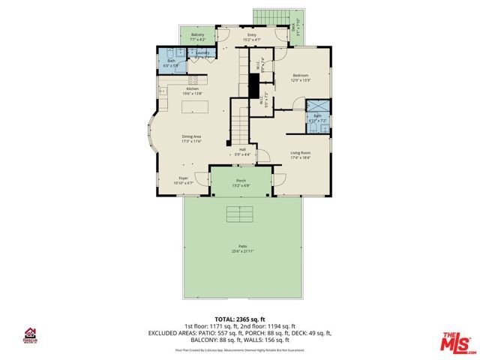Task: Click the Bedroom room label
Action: pyautogui.click(x=301, y=76)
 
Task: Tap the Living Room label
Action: pyautogui.click(x=301, y=152)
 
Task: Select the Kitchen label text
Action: pyautogui.click(x=193, y=89)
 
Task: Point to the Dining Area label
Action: pyautogui.click(x=193, y=136)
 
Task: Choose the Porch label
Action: pyautogui.click(x=241, y=181)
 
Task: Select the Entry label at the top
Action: pyautogui.click(x=252, y=34)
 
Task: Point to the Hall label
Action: pyautogui.click(x=243, y=149)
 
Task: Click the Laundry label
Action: pyautogui.click(x=202, y=53)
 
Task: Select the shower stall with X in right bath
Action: pyautogui.click(x=318, y=105)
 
